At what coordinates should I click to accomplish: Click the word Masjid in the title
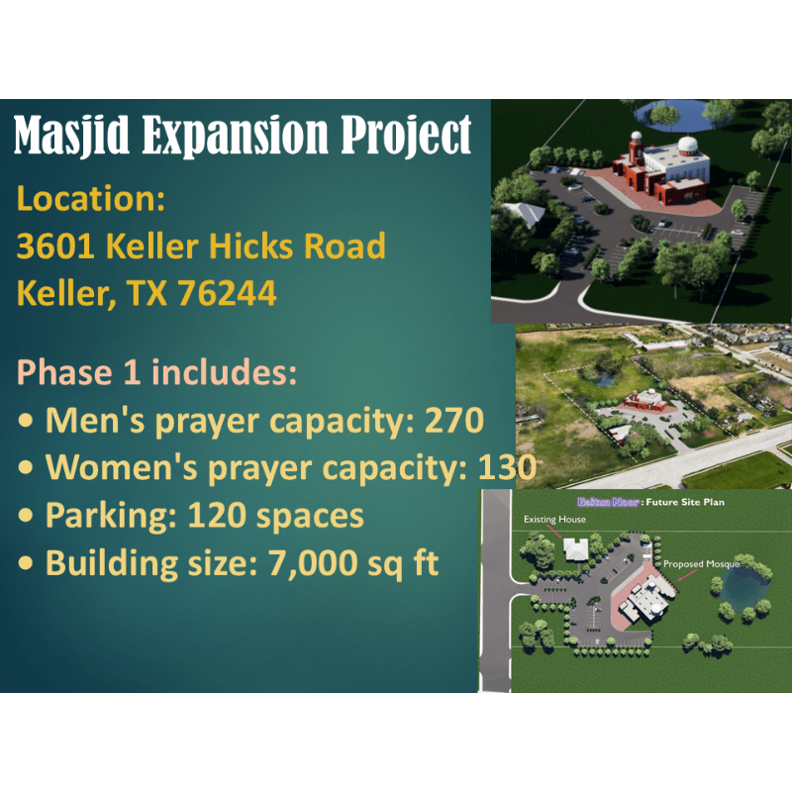coord(71,135)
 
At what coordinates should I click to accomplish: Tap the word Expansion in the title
coord(235,136)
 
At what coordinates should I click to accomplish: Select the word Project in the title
coord(406,136)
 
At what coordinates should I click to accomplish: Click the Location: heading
coord(91,199)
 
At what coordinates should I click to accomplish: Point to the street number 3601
coord(55,246)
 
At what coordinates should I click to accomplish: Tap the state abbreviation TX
coord(147,293)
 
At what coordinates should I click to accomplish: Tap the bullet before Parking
coord(26,516)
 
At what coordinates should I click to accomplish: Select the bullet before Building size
coord(26,563)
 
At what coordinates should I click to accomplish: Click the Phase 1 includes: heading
coord(156,372)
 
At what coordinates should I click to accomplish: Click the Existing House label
coord(554,519)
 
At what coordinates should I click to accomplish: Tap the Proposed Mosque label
coord(701,564)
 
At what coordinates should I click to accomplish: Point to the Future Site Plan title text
coord(685,502)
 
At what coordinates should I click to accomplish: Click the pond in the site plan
coord(743,588)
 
